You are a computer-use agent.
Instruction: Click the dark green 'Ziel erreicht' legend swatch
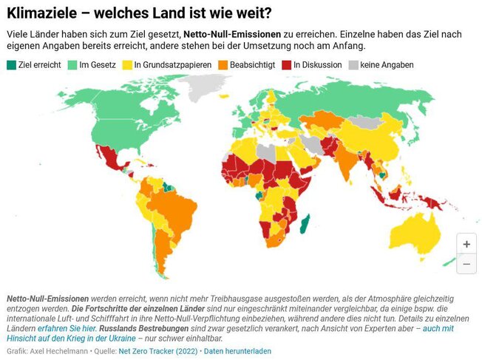[x=11, y=65]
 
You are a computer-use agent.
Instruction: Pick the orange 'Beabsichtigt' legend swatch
[x=224, y=65]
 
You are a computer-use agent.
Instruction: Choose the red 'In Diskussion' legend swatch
[x=288, y=65]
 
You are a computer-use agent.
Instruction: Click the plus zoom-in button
[x=466, y=243]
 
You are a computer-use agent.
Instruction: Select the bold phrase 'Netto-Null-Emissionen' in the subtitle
[x=235, y=34]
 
